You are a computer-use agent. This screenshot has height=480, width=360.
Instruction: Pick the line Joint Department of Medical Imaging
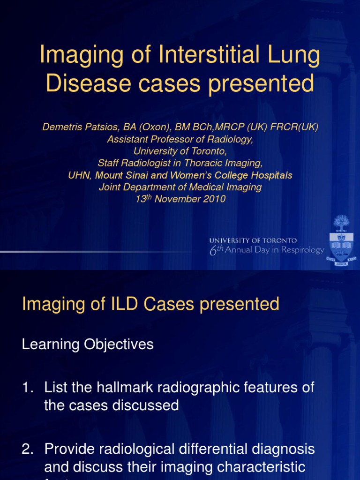pos(180,187)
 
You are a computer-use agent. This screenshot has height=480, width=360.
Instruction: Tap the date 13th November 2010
pos(180,199)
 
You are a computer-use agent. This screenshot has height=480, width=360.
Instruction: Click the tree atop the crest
pos(341,222)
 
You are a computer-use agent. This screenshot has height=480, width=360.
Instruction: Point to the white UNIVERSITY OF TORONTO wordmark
pos(253,240)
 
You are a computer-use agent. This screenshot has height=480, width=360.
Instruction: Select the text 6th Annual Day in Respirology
pos(266,250)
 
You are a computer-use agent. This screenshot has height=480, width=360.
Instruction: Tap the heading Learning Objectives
pos(88,345)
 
